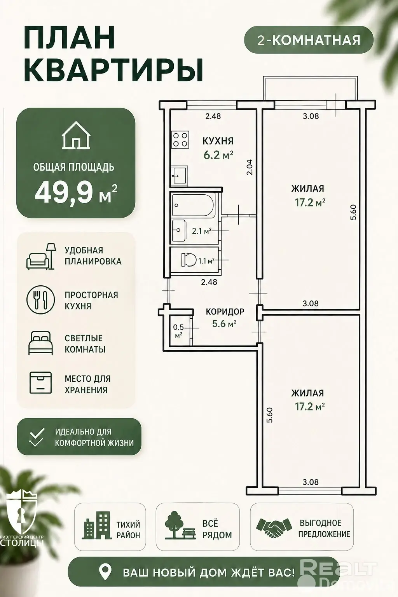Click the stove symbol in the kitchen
[180, 140]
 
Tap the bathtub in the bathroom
[193, 205]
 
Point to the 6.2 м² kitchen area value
[218, 155]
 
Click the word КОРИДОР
[225, 311]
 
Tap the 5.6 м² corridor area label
[224, 324]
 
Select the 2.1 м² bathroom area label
[202, 231]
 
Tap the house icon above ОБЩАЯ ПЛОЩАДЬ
[76, 135]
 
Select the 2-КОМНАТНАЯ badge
[309, 40]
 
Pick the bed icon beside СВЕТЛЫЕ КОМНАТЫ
[41, 343]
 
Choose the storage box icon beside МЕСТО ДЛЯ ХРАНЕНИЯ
[41, 383]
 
